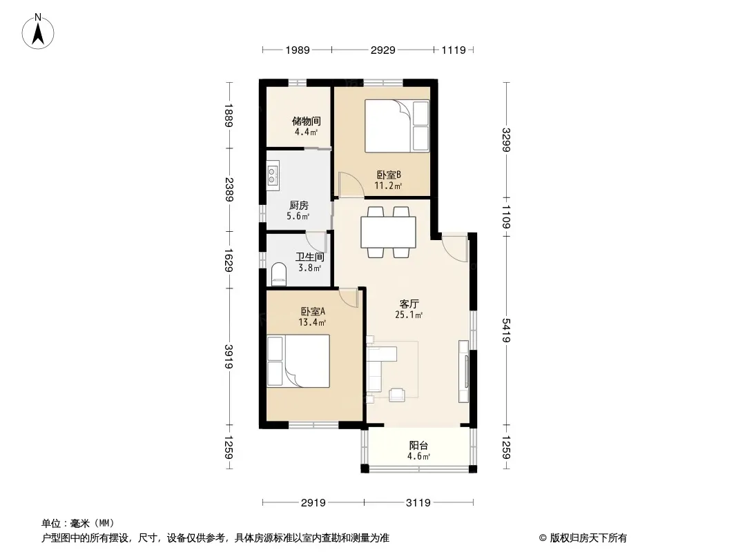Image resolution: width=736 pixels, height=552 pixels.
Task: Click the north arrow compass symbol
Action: [x=38, y=32]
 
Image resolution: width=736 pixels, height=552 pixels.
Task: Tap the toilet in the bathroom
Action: [x=279, y=275]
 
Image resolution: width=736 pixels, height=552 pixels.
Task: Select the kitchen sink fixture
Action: [x=273, y=175]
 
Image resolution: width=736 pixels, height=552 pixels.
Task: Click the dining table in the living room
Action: [x=388, y=232]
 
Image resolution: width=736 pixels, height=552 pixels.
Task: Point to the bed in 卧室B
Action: [x=397, y=126]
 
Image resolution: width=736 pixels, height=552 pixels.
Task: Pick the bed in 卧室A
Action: [x=298, y=361]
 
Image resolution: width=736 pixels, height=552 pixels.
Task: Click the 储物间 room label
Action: [x=306, y=121]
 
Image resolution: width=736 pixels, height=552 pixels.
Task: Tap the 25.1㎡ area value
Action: [x=409, y=315]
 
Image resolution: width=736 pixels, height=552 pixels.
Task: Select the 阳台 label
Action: [x=418, y=446]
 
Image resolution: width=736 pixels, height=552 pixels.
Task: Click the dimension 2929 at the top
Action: [x=383, y=50]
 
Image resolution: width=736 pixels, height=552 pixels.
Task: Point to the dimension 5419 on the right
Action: [x=507, y=331]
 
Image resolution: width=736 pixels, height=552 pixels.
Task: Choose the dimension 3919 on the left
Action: [x=229, y=357]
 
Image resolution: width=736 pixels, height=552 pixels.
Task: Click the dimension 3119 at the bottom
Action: [x=418, y=503]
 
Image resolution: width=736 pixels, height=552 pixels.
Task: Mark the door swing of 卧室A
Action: [x=349, y=297]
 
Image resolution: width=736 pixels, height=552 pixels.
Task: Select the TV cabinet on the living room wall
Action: [x=463, y=371]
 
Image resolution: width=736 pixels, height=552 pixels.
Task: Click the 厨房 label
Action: [x=298, y=206]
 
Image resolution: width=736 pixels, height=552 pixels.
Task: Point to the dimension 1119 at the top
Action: [x=454, y=50]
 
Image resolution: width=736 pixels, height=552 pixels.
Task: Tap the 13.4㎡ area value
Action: [x=312, y=322]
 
